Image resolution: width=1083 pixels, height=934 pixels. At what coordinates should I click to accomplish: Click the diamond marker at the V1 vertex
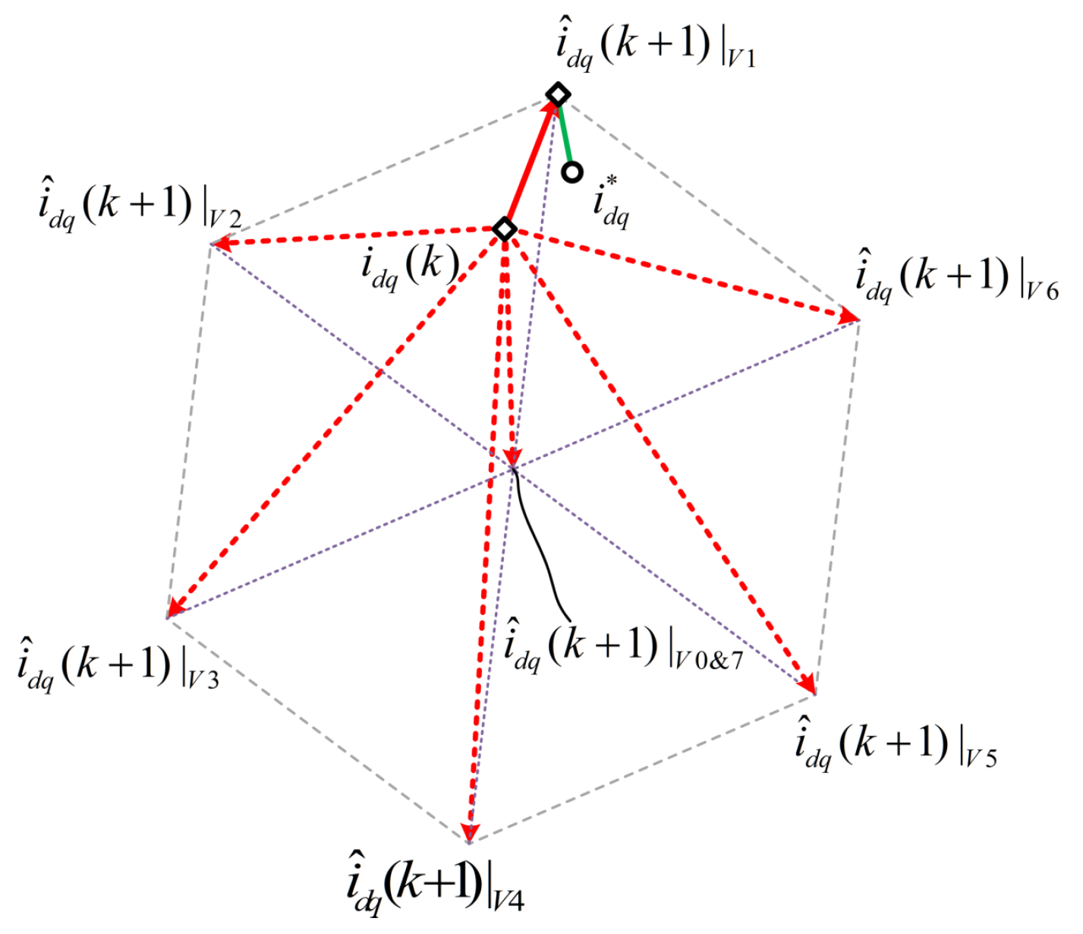[559, 95]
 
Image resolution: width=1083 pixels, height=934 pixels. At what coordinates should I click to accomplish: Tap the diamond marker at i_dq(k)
[505, 229]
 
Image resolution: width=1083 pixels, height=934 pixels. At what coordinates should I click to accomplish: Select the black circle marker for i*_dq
[572, 172]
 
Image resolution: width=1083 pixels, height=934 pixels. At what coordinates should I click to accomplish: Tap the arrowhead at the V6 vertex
[848, 317]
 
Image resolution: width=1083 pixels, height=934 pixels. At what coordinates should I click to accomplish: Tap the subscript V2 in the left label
[225, 220]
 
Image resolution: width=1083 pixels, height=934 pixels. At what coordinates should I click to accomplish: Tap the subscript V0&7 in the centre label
[710, 659]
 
